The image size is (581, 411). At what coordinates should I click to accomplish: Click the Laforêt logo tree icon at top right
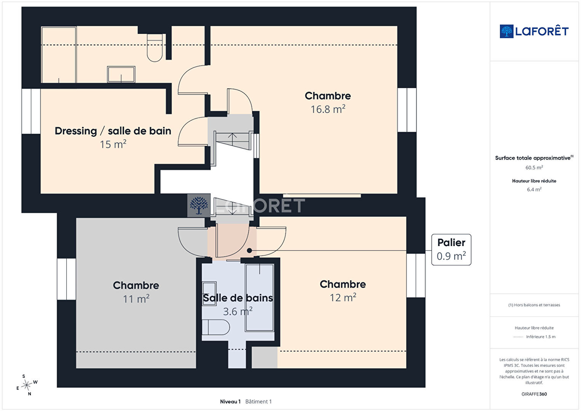click(506, 31)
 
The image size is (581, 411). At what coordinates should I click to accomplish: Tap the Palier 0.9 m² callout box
click(451, 249)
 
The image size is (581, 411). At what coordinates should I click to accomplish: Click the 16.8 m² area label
click(328, 109)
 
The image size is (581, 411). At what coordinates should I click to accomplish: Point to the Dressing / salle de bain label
click(113, 131)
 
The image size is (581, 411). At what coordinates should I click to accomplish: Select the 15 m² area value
click(113, 144)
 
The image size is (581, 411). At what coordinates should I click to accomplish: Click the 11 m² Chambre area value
click(136, 299)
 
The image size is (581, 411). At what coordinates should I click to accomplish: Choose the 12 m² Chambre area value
click(343, 297)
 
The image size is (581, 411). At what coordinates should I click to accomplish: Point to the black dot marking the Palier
click(249, 250)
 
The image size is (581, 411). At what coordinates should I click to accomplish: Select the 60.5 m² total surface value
click(534, 168)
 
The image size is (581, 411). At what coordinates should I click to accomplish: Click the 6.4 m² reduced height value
click(534, 189)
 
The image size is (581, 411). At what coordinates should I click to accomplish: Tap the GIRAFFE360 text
click(534, 394)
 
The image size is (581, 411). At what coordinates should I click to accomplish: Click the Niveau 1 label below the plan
click(230, 401)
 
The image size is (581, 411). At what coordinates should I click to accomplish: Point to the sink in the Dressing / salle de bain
click(121, 75)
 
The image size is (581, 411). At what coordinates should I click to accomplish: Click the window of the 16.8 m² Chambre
click(407, 110)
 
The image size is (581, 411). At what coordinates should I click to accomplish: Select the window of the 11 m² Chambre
click(66, 279)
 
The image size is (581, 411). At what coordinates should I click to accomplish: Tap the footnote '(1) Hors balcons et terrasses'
click(534, 305)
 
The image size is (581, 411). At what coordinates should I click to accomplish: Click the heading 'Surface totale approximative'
click(533, 158)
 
